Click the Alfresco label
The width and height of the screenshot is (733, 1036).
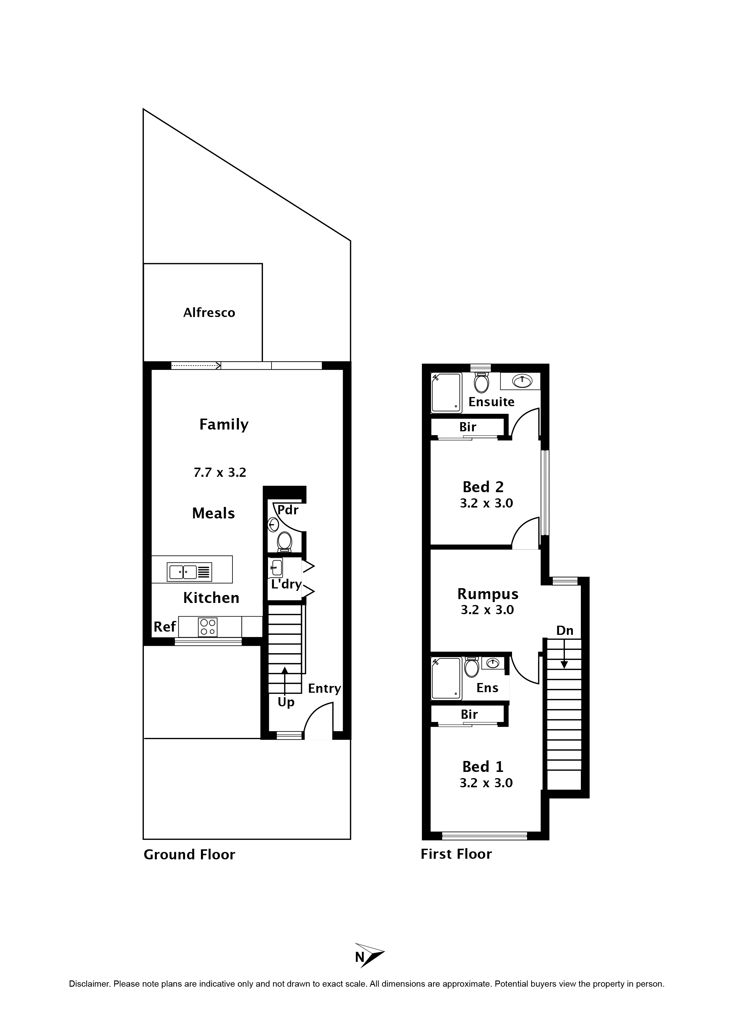(209, 313)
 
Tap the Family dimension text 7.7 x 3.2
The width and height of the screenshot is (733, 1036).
(220, 472)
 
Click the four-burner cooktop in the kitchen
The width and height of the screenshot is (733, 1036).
(208, 627)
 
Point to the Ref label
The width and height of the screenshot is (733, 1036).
(165, 627)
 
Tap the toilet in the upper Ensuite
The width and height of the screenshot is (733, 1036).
(482, 383)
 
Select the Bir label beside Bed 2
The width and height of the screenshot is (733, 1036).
(468, 427)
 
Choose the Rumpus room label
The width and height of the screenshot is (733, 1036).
(487, 594)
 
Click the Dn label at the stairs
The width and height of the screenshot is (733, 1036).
(565, 630)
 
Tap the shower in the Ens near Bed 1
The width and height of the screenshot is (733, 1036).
(446, 678)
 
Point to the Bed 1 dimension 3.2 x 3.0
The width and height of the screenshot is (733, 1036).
(486, 783)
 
